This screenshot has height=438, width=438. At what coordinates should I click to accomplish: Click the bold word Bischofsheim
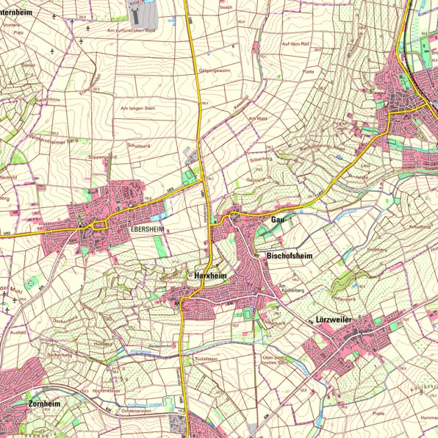pos(290,256)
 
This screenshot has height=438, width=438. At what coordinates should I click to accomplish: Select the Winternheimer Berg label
pos(53,137)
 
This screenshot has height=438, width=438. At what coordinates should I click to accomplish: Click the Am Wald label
pos(257,118)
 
